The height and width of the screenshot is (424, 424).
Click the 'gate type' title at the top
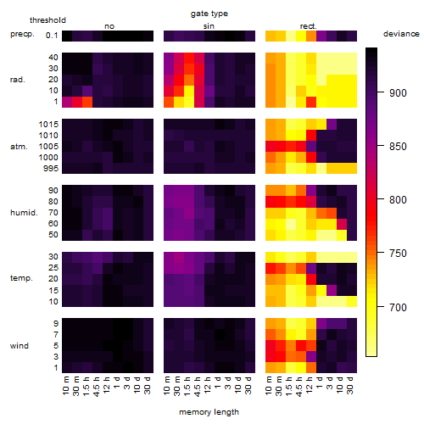tap(209, 14)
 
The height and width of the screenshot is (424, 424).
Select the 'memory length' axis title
tap(209, 412)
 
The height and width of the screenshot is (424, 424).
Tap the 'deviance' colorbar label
tap(401, 34)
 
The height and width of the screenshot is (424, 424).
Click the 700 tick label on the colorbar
tap(398, 307)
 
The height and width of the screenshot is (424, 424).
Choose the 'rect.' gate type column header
tap(309, 26)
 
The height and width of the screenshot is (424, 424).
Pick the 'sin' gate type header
tap(209, 26)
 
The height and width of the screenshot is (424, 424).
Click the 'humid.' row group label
tap(24, 212)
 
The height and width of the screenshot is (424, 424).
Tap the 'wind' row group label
tap(20, 346)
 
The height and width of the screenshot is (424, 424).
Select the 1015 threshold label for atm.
tap(48, 125)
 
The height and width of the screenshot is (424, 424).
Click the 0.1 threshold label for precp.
tap(52, 36)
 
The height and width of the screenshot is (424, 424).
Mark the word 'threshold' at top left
tap(47, 20)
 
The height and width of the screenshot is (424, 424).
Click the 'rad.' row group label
tap(18, 80)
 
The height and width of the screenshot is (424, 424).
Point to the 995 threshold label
tap(51, 169)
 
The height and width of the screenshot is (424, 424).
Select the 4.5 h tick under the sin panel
tap(198, 386)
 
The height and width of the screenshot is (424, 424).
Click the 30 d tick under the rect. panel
tap(350, 385)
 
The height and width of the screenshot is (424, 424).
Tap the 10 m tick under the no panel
tap(65, 386)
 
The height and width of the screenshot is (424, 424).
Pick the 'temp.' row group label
tap(21, 278)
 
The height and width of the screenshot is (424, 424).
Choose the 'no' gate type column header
tap(109, 26)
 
